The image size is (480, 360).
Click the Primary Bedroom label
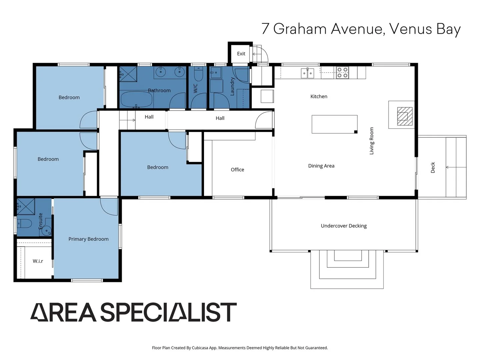(x=88, y=239)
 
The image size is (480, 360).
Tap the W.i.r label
(x=38, y=261)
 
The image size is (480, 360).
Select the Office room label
(x=237, y=170)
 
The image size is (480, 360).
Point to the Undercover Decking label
(x=344, y=226)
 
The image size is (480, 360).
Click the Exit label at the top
(x=241, y=54)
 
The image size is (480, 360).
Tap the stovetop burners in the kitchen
(x=342, y=72)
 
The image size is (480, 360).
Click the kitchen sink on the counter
(x=307, y=73)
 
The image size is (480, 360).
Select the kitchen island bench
(x=334, y=124)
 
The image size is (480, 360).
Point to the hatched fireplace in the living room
(x=405, y=116)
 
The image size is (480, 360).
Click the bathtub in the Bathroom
(x=136, y=99)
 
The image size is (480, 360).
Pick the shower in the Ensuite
(x=26, y=207)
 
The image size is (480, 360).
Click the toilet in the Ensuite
(x=24, y=223)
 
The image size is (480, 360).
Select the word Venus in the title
(x=411, y=29)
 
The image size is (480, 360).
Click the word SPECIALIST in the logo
(x=168, y=312)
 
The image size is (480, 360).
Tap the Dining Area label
(x=321, y=166)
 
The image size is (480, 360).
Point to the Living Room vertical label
(x=372, y=141)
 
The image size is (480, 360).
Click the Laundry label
(x=232, y=87)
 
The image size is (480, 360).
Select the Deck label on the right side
(x=433, y=167)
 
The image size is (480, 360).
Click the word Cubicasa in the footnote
(x=200, y=348)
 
